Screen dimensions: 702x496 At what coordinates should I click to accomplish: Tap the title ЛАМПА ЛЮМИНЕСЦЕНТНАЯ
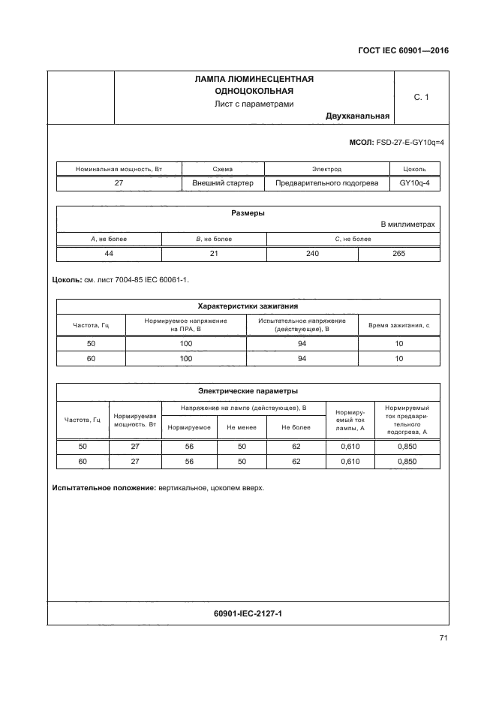tap(254, 79)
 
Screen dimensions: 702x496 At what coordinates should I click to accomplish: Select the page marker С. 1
tap(421, 97)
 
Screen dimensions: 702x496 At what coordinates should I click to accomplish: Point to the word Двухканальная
tap(357, 116)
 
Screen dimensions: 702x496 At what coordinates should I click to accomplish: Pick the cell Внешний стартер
tap(222, 182)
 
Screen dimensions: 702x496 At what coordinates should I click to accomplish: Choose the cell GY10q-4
tap(414, 182)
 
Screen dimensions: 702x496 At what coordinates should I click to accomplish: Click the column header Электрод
tap(326, 170)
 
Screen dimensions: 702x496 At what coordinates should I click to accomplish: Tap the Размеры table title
tap(248, 213)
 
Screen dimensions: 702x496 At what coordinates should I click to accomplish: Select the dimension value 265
tap(398, 254)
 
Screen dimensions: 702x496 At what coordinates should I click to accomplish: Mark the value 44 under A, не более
tap(109, 254)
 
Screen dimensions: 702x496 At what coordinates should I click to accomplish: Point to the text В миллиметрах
tap(407, 224)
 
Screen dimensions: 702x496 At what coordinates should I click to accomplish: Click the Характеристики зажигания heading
tap(248, 306)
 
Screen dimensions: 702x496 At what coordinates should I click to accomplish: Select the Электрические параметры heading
tap(248, 390)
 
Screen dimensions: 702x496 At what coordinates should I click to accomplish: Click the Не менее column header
tap(242, 426)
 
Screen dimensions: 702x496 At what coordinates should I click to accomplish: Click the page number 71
tap(443, 638)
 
